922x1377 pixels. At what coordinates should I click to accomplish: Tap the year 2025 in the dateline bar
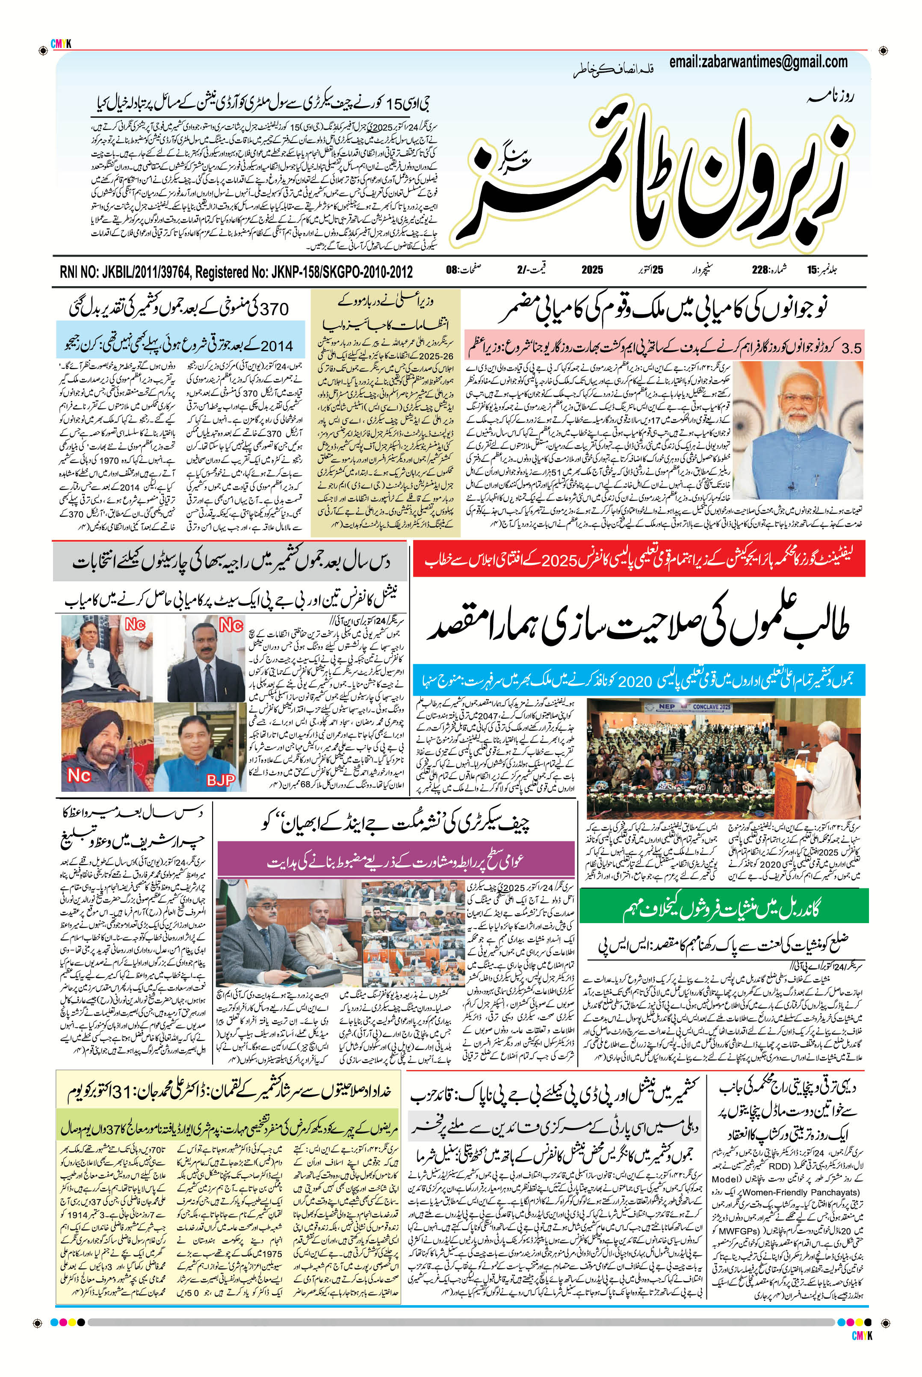point(592,271)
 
